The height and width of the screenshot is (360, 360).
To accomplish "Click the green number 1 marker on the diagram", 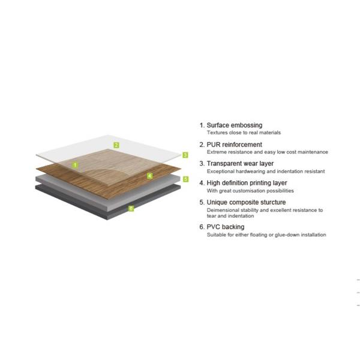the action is pyautogui.click(x=75, y=165).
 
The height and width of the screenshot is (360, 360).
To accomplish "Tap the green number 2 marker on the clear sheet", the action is pyautogui.click(x=116, y=145).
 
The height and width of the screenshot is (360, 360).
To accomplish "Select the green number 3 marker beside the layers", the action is pyautogui.click(x=185, y=155).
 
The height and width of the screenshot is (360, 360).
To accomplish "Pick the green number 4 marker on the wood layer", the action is pyautogui.click(x=149, y=176).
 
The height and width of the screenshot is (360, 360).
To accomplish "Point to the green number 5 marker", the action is pyautogui.click(x=186, y=179).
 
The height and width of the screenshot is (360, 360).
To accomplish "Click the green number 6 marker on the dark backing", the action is pyautogui.click(x=131, y=208).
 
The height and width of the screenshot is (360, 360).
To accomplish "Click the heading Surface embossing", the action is pyautogui.click(x=235, y=125).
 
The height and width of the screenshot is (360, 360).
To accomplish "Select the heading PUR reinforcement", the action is pyautogui.click(x=234, y=145).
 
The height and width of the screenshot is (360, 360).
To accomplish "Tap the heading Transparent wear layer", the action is pyautogui.click(x=240, y=163).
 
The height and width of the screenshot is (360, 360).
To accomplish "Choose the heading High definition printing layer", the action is pyautogui.click(x=247, y=183).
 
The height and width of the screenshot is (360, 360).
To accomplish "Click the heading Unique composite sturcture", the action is pyautogui.click(x=246, y=202).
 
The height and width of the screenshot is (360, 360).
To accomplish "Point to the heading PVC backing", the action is pyautogui.click(x=226, y=227).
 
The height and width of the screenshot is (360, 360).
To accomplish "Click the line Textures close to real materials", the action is pyautogui.click(x=244, y=133).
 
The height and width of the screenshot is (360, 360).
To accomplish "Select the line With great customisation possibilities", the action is pyautogui.click(x=250, y=191).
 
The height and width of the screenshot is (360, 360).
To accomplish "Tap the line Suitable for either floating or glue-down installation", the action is pyautogui.click(x=266, y=235).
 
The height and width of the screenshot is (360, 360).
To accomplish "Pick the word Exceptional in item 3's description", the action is pyautogui.click(x=221, y=172).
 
